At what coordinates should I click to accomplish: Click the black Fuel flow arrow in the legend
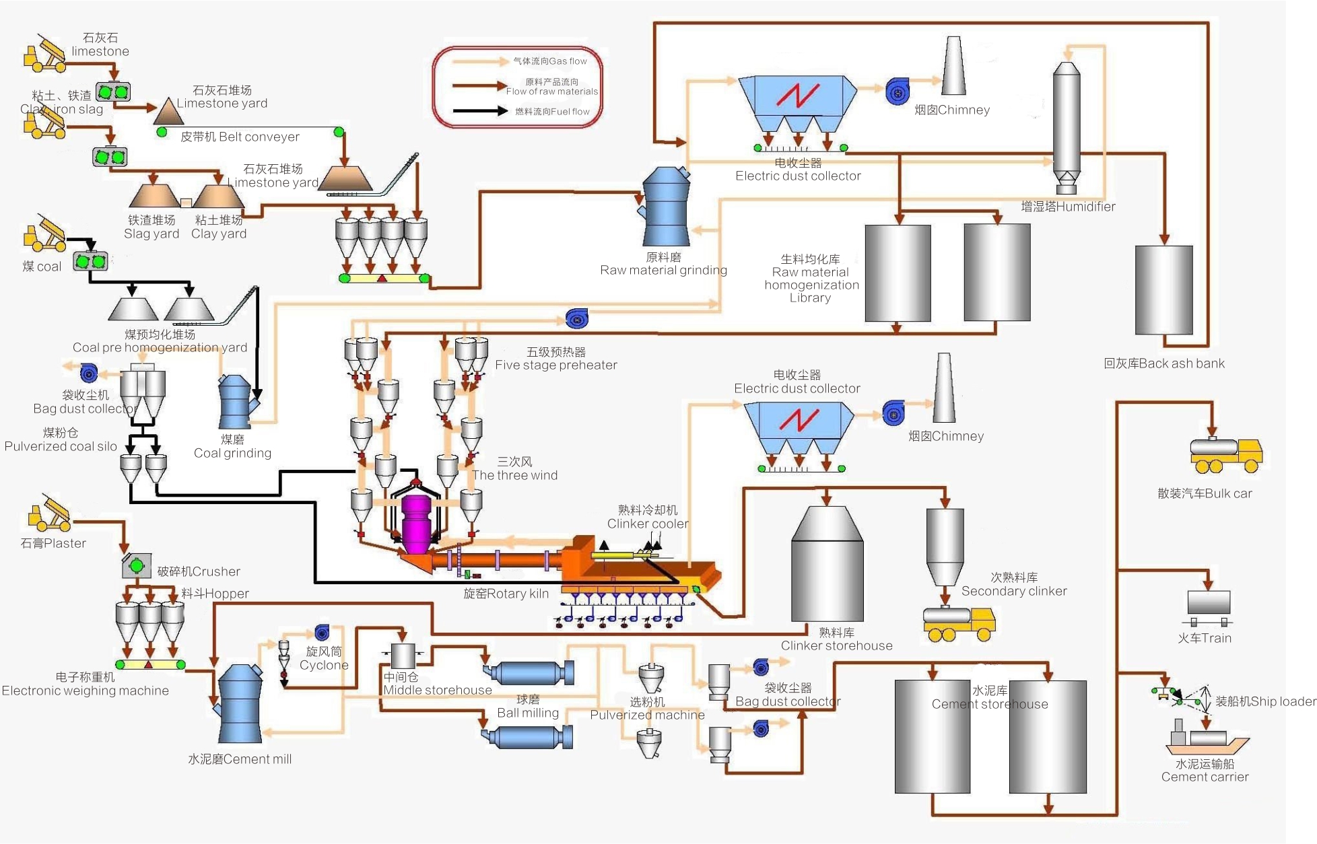point(479,111)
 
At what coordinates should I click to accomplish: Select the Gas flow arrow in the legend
point(479,61)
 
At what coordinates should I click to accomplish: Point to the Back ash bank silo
point(1163,289)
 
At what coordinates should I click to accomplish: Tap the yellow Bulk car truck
point(1225,457)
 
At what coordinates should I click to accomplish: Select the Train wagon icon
point(1209,606)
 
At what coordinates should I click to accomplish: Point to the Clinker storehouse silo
point(827,565)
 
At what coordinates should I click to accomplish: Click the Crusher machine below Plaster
point(136,566)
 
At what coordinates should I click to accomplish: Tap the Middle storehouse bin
point(403,656)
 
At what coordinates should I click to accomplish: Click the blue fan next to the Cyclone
point(323,632)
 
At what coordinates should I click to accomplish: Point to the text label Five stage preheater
point(555,365)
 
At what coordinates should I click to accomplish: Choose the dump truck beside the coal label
point(44,232)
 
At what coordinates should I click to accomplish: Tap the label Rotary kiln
point(506,594)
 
